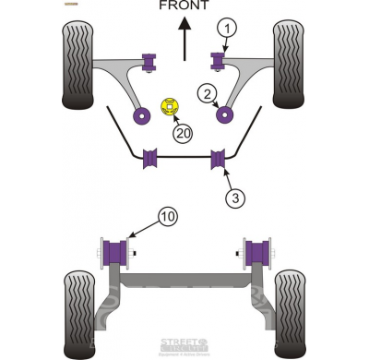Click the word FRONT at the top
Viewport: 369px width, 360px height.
click(184, 6)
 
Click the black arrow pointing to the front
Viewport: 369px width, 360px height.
click(184, 42)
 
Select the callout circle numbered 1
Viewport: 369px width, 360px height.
click(226, 29)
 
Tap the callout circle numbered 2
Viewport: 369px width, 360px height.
click(208, 92)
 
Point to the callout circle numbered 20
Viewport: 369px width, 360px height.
click(184, 133)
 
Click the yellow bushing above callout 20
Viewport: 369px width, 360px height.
click(170, 107)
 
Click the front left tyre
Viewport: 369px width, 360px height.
click(77, 53)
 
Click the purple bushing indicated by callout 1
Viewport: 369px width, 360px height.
click(220, 61)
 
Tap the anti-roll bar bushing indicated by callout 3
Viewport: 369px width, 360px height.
click(220, 159)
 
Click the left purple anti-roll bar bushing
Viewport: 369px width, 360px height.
click(149, 159)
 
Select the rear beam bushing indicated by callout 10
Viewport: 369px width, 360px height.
click(116, 251)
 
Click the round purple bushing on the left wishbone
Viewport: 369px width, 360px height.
click(143, 115)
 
